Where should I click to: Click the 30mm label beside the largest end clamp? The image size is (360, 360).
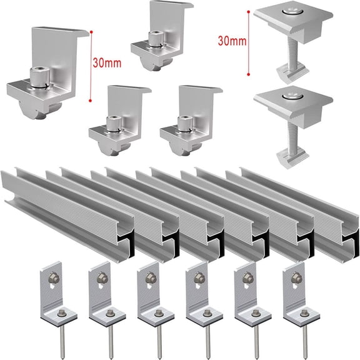pos(106,63)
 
